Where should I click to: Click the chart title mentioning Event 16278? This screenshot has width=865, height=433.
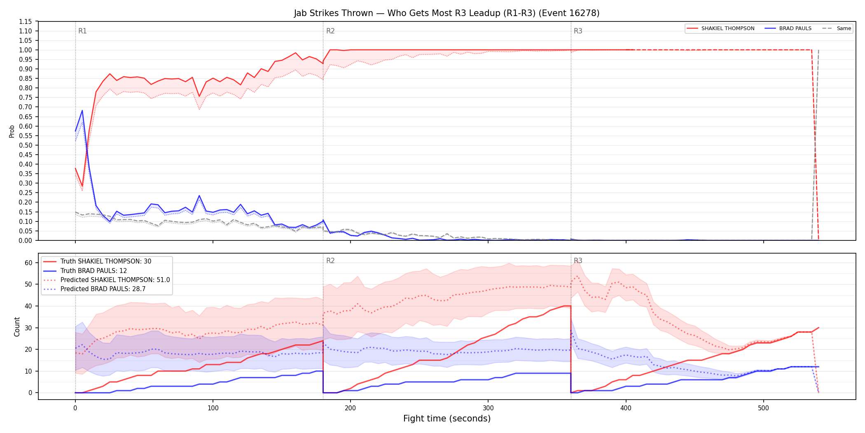click(x=447, y=13)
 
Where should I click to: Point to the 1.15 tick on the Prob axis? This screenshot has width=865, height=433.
click(x=26, y=21)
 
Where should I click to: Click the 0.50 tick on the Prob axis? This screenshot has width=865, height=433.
click(x=26, y=145)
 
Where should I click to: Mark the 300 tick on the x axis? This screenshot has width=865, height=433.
click(x=488, y=408)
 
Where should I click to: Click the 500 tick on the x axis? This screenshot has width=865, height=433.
click(x=763, y=408)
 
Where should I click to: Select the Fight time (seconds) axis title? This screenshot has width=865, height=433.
click(x=447, y=419)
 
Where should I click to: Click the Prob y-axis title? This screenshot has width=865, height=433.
click(x=12, y=131)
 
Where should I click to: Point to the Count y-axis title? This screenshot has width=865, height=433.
click(x=17, y=327)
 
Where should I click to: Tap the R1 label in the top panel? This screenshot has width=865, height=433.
click(x=82, y=31)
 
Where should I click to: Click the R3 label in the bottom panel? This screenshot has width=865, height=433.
click(x=578, y=261)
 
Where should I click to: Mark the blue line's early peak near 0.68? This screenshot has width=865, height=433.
click(x=82, y=111)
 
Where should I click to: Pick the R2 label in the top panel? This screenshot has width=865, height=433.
click(x=330, y=31)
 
